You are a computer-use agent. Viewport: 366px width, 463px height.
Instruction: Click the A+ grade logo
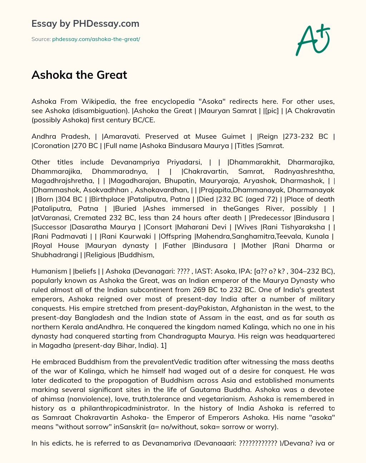point(313,40)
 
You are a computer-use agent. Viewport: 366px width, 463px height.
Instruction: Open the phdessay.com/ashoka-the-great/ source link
point(96,39)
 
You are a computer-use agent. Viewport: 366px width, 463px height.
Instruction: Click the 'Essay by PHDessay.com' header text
point(85,24)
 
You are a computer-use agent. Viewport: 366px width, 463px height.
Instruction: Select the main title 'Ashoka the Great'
point(79,75)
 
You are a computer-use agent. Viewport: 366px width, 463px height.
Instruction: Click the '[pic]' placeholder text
point(271,111)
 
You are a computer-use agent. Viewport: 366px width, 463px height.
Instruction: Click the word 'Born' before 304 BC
point(45,199)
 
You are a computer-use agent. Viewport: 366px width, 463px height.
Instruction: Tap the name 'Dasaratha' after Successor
point(88,227)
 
